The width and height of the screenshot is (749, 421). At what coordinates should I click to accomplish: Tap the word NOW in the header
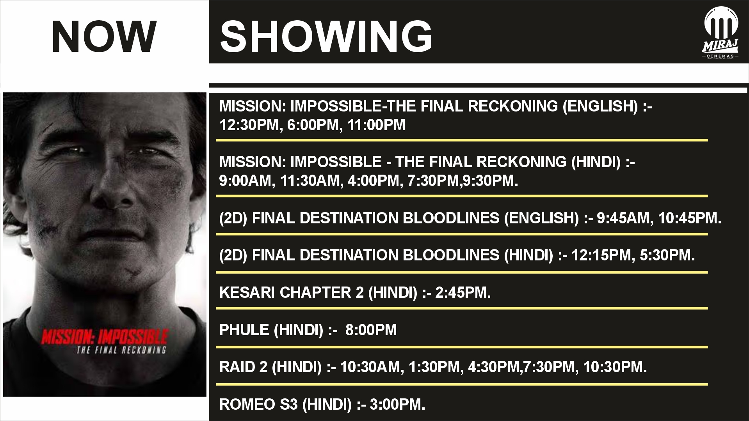pyautogui.click(x=104, y=37)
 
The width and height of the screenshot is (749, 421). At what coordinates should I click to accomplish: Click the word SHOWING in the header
pyautogui.click(x=326, y=37)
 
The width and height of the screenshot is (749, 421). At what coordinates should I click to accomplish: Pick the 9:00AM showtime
pyautogui.click(x=244, y=181)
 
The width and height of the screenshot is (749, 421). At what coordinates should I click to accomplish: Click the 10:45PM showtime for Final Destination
pyautogui.click(x=689, y=218)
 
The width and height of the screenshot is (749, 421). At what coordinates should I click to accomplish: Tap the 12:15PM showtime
pyautogui.click(x=601, y=256)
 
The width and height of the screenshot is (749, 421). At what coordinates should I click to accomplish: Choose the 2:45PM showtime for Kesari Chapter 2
pyautogui.click(x=463, y=293)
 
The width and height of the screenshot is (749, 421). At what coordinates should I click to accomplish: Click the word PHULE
pyautogui.click(x=244, y=330)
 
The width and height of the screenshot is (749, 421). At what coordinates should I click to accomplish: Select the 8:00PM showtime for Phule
pyautogui.click(x=371, y=330)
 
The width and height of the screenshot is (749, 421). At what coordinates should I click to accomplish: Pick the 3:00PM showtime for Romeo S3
pyautogui.click(x=397, y=405)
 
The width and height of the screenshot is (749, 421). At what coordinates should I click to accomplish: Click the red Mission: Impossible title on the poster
pyautogui.click(x=104, y=337)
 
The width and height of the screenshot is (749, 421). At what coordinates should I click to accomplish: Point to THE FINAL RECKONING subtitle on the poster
pyautogui.click(x=121, y=350)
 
